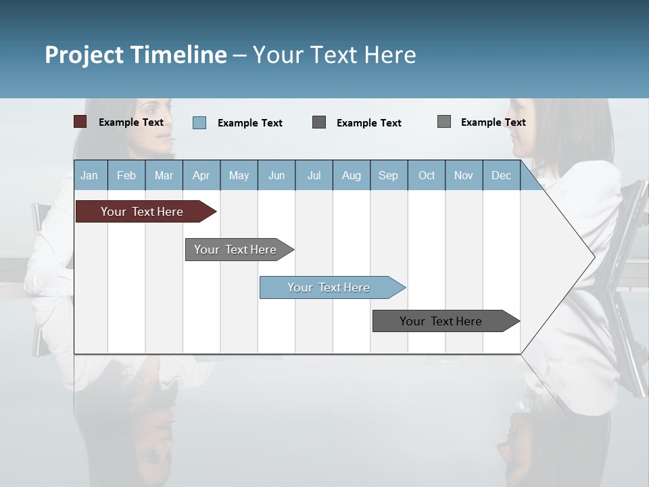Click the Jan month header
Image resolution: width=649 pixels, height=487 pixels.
89,175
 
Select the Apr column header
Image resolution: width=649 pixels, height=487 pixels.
201,175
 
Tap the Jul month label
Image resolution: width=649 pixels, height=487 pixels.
314,175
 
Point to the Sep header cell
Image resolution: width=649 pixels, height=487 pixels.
388,175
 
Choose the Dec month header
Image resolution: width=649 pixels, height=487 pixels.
501,175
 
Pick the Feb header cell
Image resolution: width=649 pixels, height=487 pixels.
126,175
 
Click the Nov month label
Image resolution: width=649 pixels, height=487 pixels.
463,175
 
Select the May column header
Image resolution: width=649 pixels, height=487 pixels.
239,175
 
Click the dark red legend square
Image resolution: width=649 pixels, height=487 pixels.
80,122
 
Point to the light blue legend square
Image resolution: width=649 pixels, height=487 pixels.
199,122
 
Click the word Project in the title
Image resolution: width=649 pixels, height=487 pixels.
85,55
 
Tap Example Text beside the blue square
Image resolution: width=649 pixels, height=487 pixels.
249,123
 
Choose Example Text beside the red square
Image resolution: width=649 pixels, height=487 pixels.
131,122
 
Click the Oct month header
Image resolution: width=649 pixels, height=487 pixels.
427,175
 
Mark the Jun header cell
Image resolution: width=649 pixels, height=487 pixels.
276,175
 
